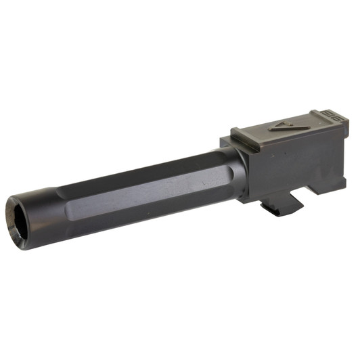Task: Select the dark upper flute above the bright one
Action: point(149,173)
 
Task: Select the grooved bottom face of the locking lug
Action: point(277,210)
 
